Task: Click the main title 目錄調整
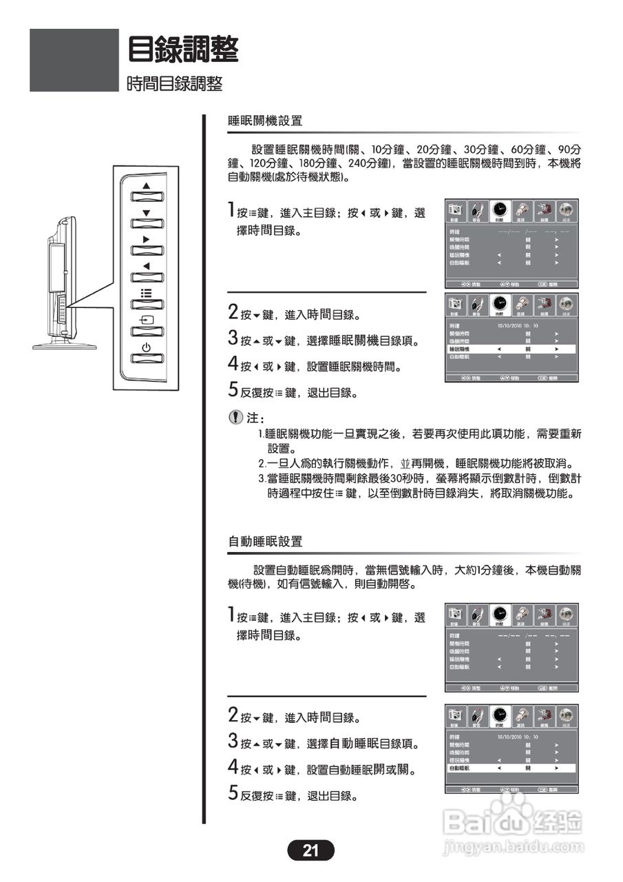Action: (x=183, y=50)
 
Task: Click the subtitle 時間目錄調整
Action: (x=175, y=84)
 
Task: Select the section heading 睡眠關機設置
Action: (x=265, y=121)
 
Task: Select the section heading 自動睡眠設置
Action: (x=265, y=542)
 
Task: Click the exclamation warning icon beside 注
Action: (x=235, y=418)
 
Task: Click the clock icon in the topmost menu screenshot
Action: (x=500, y=211)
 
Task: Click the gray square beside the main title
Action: (x=74, y=60)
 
